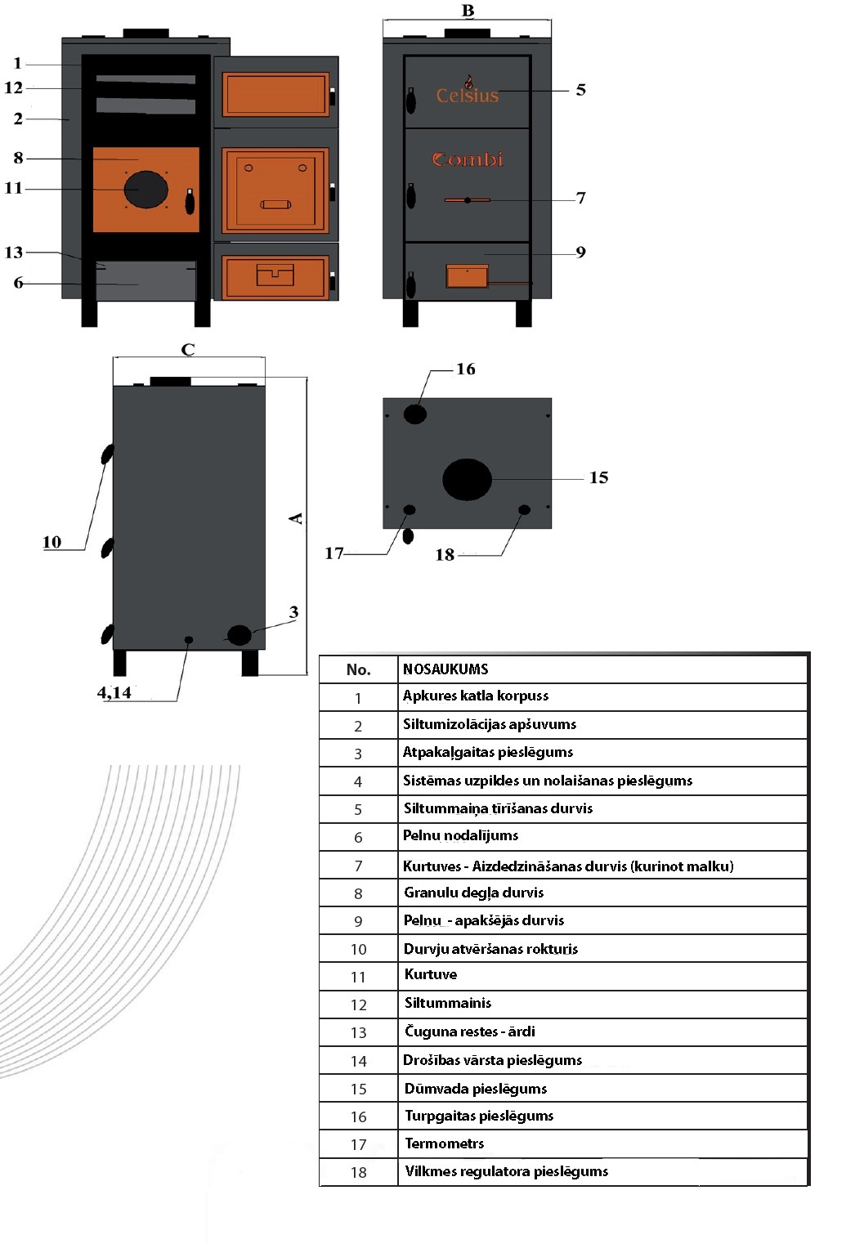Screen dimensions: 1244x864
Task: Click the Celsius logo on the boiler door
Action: click(x=467, y=93)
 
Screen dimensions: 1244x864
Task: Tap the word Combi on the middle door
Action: click(x=468, y=159)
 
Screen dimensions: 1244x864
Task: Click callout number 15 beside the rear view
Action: click(x=598, y=477)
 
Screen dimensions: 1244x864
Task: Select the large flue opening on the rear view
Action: click(x=467, y=480)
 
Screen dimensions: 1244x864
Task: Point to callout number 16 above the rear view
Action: click(x=466, y=369)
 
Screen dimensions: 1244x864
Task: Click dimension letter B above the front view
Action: click(x=468, y=11)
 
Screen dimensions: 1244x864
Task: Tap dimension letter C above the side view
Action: click(x=188, y=350)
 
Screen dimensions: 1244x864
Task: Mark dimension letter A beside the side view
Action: click(x=296, y=518)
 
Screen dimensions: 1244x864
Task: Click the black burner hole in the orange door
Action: click(x=145, y=190)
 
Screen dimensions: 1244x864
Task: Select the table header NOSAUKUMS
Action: click(x=445, y=669)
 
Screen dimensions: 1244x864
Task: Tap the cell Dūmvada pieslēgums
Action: click(x=476, y=1089)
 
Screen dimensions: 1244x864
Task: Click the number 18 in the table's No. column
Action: click(x=358, y=1172)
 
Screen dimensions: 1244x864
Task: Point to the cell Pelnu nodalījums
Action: click(x=461, y=835)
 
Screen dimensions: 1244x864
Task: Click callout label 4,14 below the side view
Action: click(x=114, y=693)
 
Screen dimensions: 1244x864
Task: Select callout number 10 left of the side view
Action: click(x=51, y=542)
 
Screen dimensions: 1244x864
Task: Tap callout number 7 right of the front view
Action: click(x=581, y=198)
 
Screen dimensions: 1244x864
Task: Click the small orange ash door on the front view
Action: click(x=467, y=276)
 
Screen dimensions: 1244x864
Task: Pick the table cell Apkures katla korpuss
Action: click(x=476, y=696)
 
